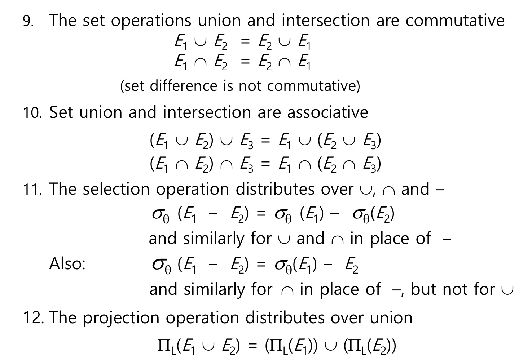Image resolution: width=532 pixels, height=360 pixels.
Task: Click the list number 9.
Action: point(28,21)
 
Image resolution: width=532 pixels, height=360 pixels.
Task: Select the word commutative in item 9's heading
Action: point(455,21)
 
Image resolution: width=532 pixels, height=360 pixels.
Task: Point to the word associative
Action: point(328,112)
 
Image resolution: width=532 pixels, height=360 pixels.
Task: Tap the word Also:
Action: point(67,264)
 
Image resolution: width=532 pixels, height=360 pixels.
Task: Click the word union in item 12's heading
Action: point(391,318)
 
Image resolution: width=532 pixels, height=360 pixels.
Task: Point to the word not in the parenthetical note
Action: point(251,86)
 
